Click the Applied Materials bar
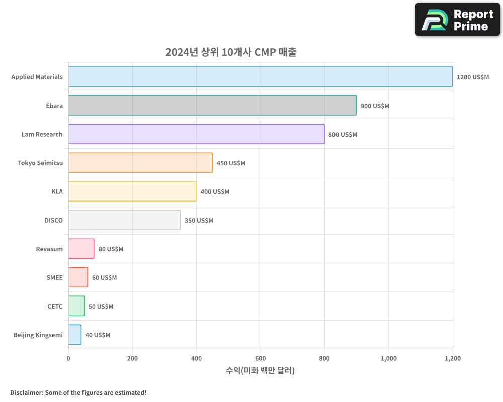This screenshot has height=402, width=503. [261, 77]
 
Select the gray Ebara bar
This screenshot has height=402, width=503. [212, 106]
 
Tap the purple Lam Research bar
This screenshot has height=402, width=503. [196, 134]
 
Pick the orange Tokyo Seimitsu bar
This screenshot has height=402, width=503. [140, 163]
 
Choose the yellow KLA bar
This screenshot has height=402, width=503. [132, 191]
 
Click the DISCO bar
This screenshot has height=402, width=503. [124, 220]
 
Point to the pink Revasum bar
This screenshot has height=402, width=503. [81, 249]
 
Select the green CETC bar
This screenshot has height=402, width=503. [76, 306]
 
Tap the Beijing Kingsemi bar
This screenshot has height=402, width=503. [75, 335]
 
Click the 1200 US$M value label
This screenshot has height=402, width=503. [472, 77]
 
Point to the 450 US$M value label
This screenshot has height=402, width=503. [231, 163]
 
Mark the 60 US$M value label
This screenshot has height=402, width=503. [104, 278]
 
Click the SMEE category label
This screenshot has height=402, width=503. [54, 277]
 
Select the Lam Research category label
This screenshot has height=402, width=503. [42, 134]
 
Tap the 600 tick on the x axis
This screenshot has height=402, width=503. [261, 358]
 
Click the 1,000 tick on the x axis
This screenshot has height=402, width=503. [388, 358]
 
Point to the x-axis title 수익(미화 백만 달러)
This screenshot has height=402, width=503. [261, 371]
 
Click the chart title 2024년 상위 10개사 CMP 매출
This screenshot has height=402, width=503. [231, 52]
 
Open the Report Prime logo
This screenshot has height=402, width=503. [457, 20]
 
